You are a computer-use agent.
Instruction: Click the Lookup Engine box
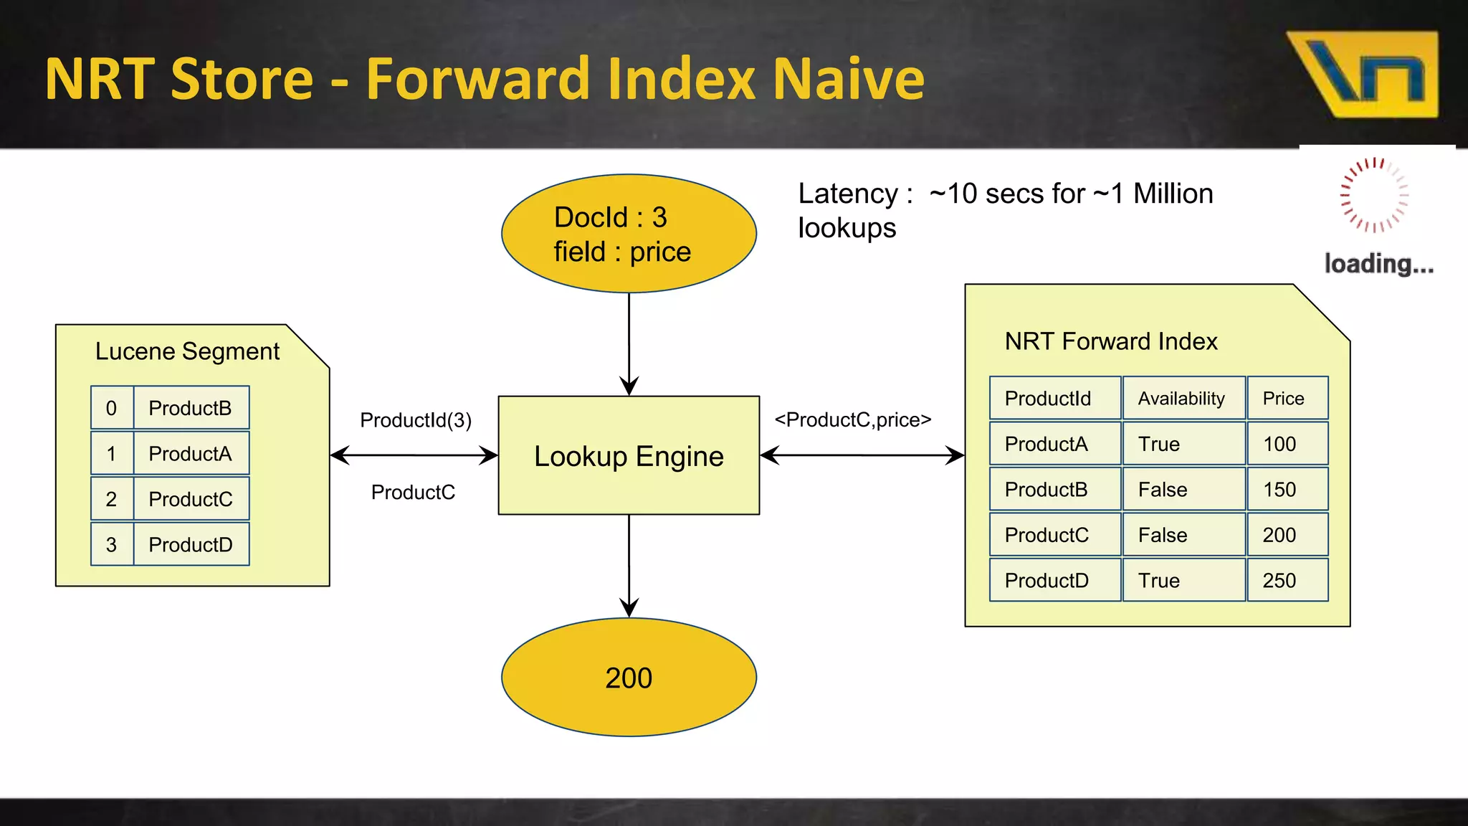(x=629, y=455)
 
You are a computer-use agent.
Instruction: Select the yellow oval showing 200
(x=629, y=677)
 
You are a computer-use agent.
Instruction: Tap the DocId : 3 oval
(x=629, y=233)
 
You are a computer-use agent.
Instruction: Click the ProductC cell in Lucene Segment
(x=191, y=499)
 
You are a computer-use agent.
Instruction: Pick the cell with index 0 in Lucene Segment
(x=112, y=408)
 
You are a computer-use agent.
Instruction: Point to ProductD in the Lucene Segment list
(x=191, y=545)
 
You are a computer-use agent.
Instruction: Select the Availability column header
(x=1182, y=398)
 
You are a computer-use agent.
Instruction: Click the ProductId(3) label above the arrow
(x=416, y=420)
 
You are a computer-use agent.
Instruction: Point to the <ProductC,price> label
(x=853, y=420)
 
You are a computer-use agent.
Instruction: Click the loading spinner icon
(x=1374, y=195)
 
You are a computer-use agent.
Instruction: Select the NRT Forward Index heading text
(x=1111, y=341)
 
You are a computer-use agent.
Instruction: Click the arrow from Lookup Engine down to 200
(x=629, y=566)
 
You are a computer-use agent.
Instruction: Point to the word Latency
(x=849, y=194)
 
